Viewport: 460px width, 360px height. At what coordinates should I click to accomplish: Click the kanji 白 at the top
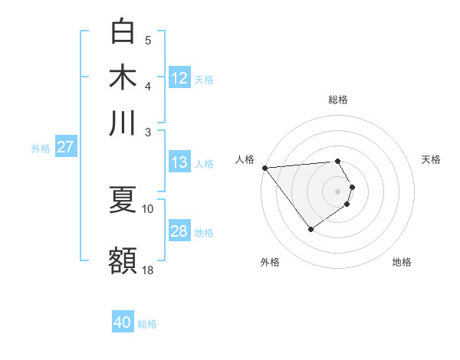(x=123, y=31)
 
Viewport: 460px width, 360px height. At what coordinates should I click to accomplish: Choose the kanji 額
(x=123, y=260)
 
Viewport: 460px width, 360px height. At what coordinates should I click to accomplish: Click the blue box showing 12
(x=179, y=77)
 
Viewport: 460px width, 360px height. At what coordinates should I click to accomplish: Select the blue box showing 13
(x=179, y=162)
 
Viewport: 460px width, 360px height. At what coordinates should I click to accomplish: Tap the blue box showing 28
(x=179, y=231)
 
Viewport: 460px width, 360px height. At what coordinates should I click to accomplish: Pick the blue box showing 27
(x=65, y=147)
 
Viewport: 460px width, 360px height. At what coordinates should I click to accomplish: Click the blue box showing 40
(x=123, y=322)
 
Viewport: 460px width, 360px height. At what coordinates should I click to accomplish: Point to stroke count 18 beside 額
(x=148, y=270)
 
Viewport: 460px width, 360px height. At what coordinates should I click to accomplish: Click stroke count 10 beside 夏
(x=148, y=208)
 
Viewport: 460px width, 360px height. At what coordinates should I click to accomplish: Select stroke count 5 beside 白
(x=148, y=40)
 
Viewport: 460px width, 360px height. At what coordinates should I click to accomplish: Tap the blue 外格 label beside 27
(x=41, y=149)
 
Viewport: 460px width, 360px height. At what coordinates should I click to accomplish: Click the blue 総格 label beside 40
(x=147, y=324)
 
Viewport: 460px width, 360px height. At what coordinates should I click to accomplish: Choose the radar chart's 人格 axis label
(x=245, y=159)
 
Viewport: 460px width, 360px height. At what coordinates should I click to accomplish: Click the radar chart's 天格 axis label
(x=431, y=159)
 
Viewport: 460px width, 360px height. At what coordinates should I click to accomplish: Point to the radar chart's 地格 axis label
(x=402, y=262)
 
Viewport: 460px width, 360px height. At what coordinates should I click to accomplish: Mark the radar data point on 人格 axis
(x=264, y=168)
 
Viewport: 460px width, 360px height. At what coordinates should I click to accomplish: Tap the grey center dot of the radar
(x=337, y=191)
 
